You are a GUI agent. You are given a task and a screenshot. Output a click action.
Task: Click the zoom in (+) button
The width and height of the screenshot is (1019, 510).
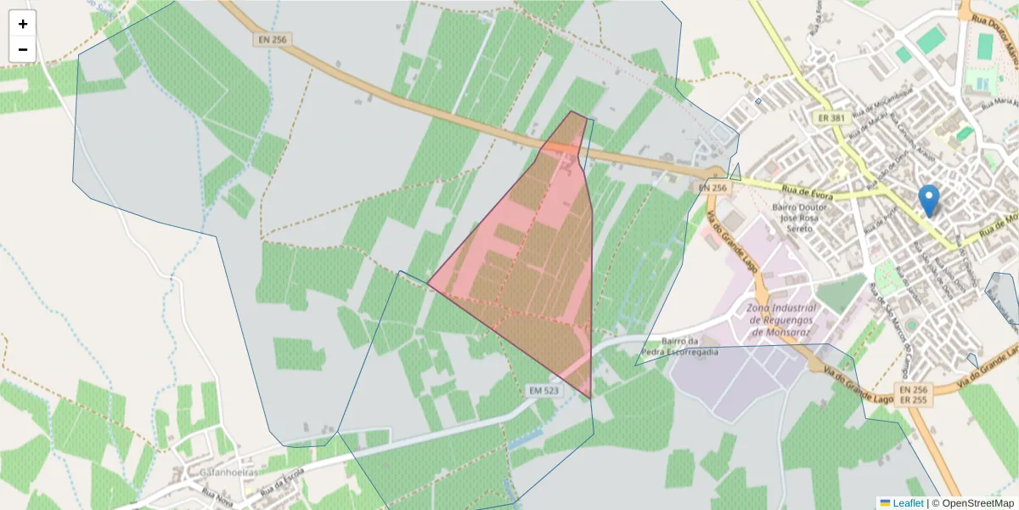[x=23, y=24]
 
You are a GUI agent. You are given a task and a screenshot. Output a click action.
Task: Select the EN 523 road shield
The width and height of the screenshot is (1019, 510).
[x=545, y=390]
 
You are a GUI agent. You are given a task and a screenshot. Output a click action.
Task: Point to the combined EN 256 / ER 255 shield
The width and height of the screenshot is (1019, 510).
[x=914, y=395]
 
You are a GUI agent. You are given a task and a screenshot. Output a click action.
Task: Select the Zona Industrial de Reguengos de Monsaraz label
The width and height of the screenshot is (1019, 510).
[x=781, y=319]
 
